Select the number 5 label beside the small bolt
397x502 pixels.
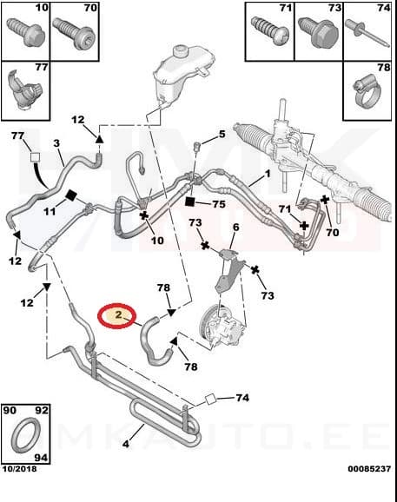(222, 135)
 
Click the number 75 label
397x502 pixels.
(219, 204)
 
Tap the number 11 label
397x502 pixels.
(50, 211)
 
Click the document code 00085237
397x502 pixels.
(366, 492)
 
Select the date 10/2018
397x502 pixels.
(22, 492)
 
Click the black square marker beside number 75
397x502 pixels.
(189, 202)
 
